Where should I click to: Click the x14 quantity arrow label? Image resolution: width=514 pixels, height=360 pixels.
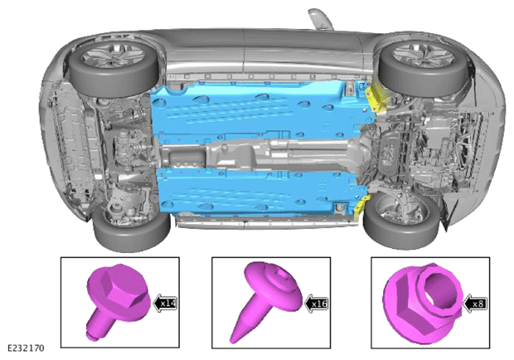pos(166,303)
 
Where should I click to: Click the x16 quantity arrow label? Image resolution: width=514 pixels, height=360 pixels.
pos(317,304)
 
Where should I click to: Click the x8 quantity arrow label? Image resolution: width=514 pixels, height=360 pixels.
pos(475,304)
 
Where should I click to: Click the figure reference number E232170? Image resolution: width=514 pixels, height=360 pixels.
pos(26,348)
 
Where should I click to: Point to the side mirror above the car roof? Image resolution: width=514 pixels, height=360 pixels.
pos(320,18)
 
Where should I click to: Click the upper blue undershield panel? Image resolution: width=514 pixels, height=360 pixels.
pos(259,109)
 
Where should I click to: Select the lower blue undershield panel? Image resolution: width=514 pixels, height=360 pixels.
pos(259,193)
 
